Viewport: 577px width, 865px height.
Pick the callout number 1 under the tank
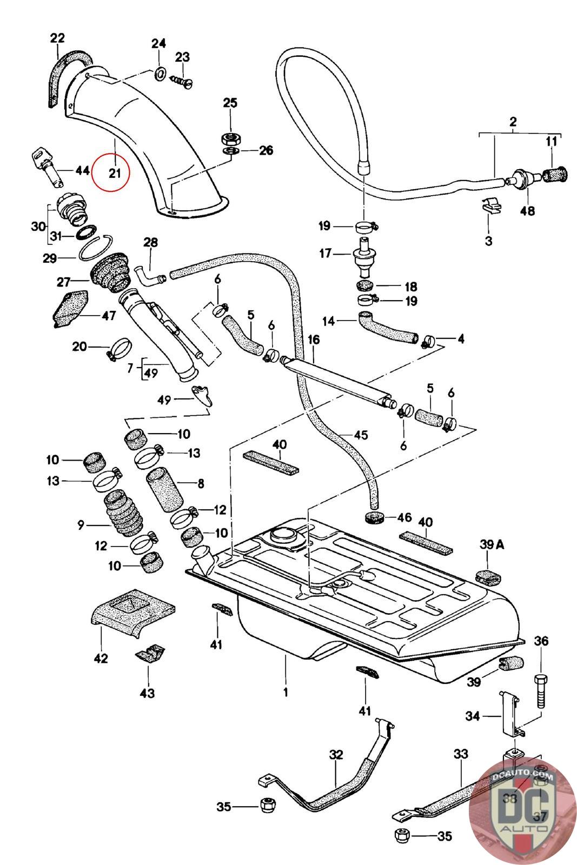[285, 691]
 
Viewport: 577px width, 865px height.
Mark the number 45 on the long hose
[361, 435]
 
